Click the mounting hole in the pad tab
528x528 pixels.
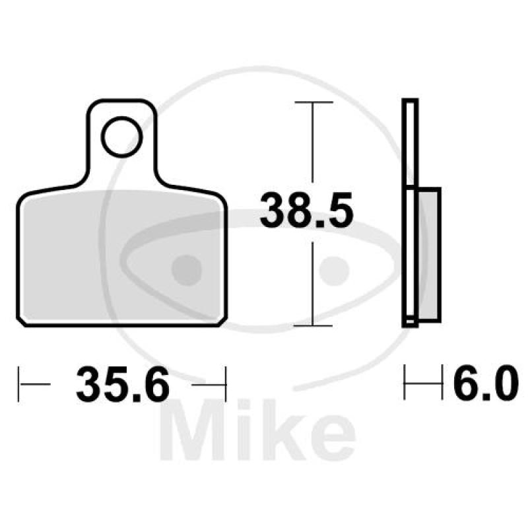click(123, 138)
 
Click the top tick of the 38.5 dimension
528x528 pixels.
click(313, 102)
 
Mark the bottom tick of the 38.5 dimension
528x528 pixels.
click(313, 325)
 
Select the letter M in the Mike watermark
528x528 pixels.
click(191, 432)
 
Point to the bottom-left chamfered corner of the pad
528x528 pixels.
click(21, 320)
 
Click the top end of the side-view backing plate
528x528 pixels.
click(410, 102)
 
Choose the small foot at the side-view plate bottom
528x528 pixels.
click(410, 323)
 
